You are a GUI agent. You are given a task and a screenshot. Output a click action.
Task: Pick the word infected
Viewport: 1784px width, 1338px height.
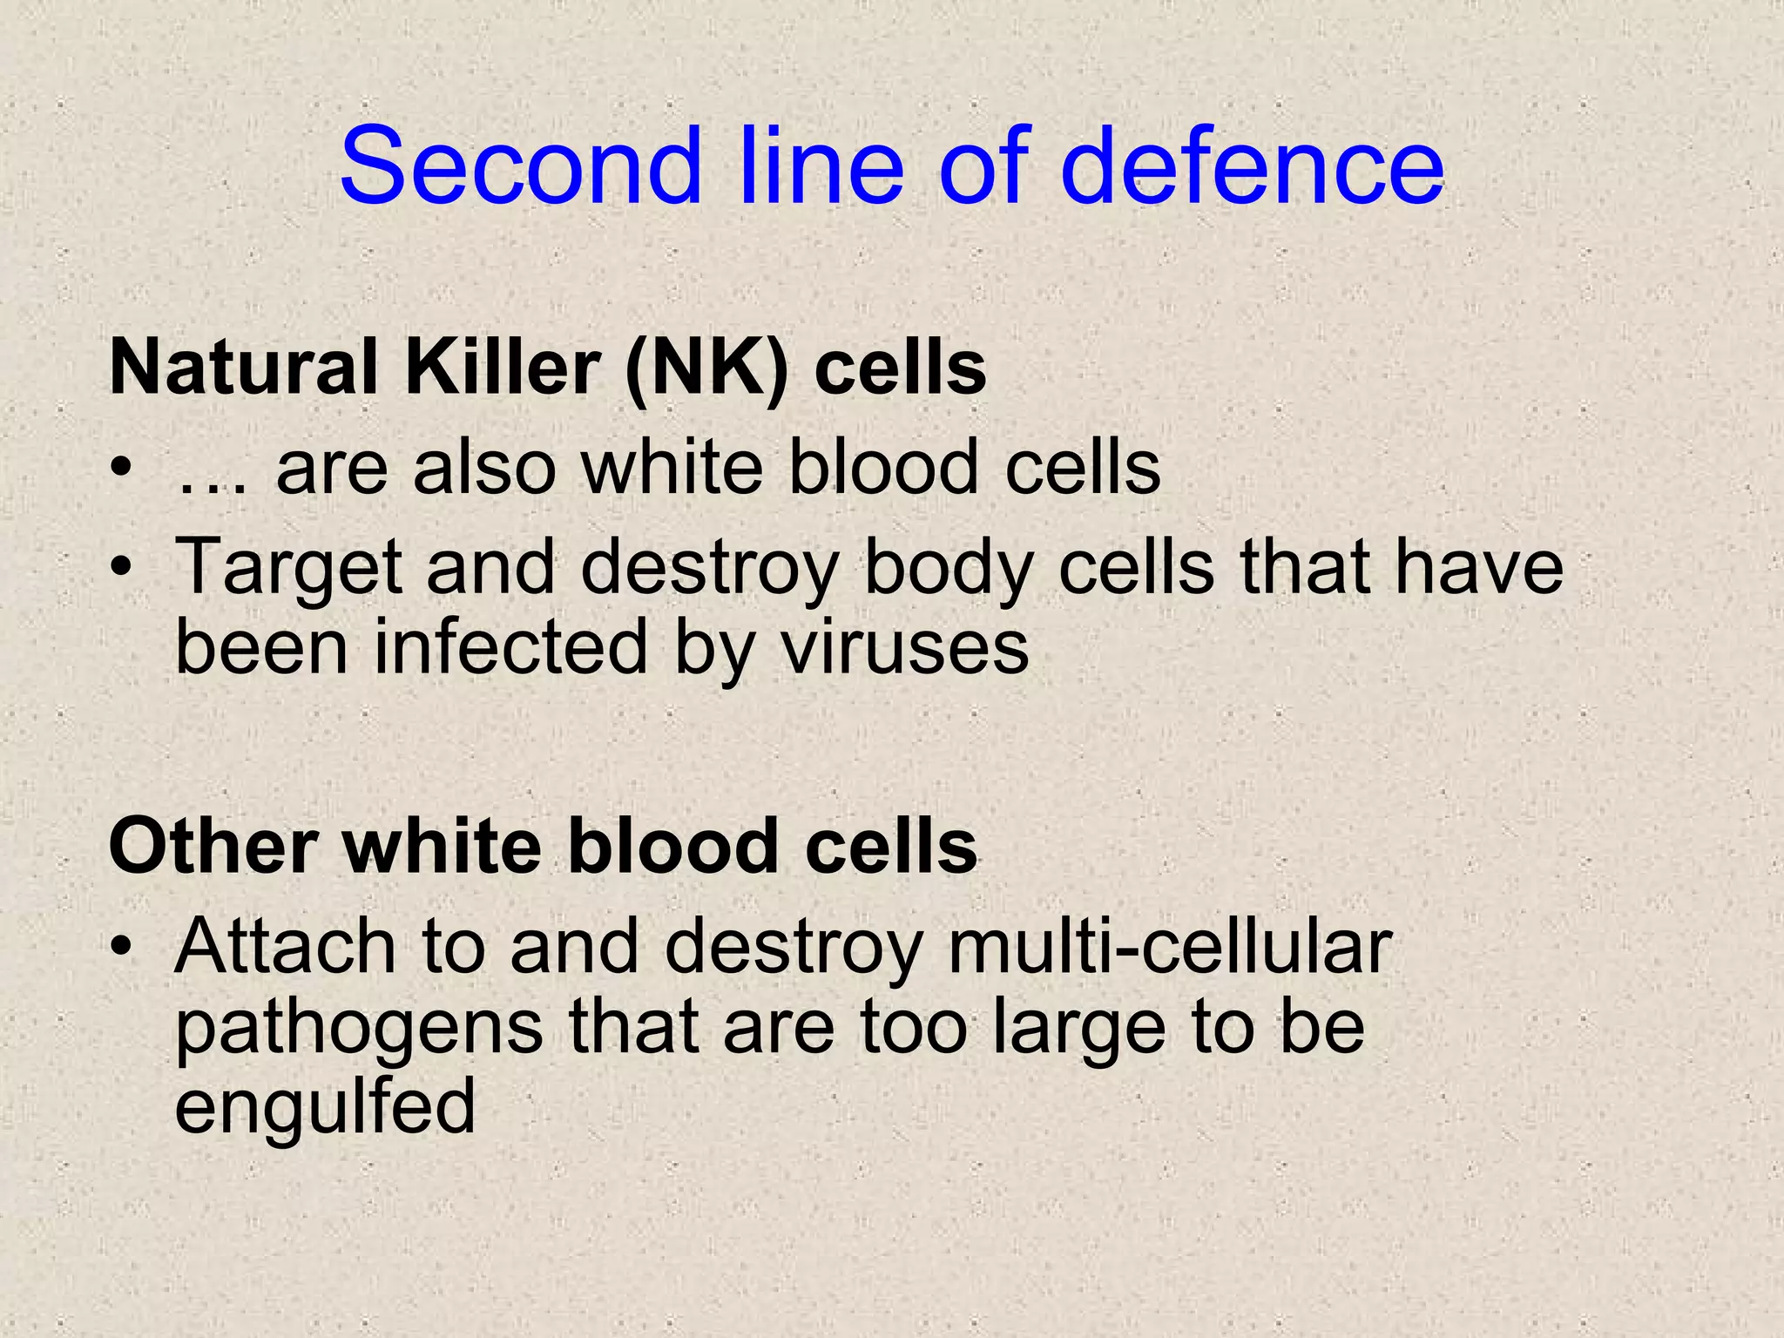(x=511, y=648)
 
